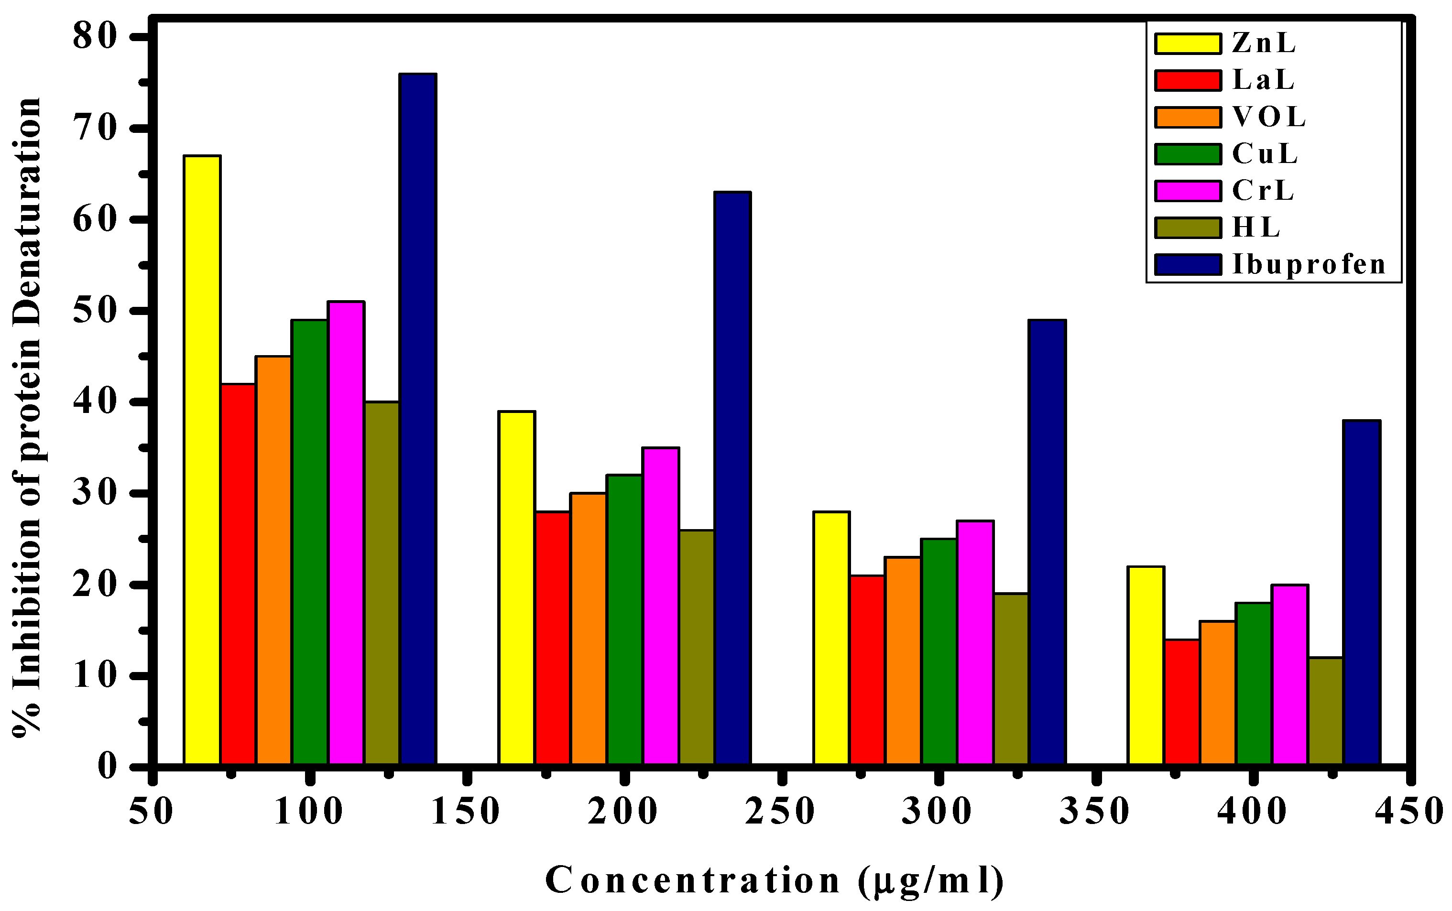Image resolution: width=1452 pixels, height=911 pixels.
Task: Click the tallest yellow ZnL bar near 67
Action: coord(202,461)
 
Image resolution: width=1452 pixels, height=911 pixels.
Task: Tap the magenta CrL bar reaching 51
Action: coord(346,534)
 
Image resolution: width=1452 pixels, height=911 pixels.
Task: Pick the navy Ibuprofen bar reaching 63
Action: coord(732,479)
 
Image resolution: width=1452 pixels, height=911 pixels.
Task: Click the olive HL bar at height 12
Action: coord(1325,712)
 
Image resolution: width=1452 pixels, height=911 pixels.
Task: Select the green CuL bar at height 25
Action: coord(939,652)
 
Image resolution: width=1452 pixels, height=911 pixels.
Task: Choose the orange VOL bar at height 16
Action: coord(1218,694)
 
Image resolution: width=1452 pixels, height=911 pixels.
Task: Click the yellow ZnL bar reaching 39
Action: coord(517,589)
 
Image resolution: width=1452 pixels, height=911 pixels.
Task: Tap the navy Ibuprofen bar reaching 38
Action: coord(1362,594)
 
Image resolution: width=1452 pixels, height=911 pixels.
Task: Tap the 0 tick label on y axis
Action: coord(107,767)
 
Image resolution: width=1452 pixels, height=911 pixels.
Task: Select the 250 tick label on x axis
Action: coord(781,812)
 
